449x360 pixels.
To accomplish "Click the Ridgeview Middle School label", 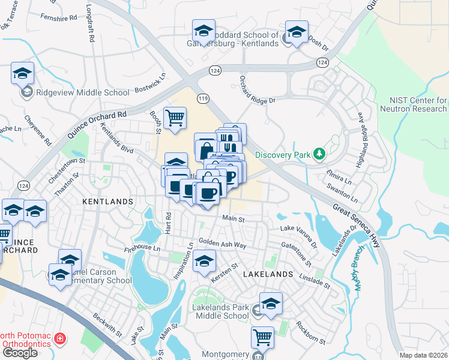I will click(x=83, y=92).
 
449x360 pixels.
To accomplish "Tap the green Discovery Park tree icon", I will click(x=320, y=155).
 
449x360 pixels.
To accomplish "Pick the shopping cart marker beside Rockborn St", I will click(x=262, y=337).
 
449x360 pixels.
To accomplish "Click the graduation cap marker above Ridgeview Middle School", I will click(x=23, y=73).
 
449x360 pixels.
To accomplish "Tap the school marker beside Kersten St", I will click(x=204, y=261).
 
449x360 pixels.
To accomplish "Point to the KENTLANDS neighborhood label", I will click(x=107, y=202).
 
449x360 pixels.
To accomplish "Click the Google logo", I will click(x=19, y=353).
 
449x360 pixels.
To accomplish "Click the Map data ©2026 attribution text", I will click(x=424, y=355).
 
